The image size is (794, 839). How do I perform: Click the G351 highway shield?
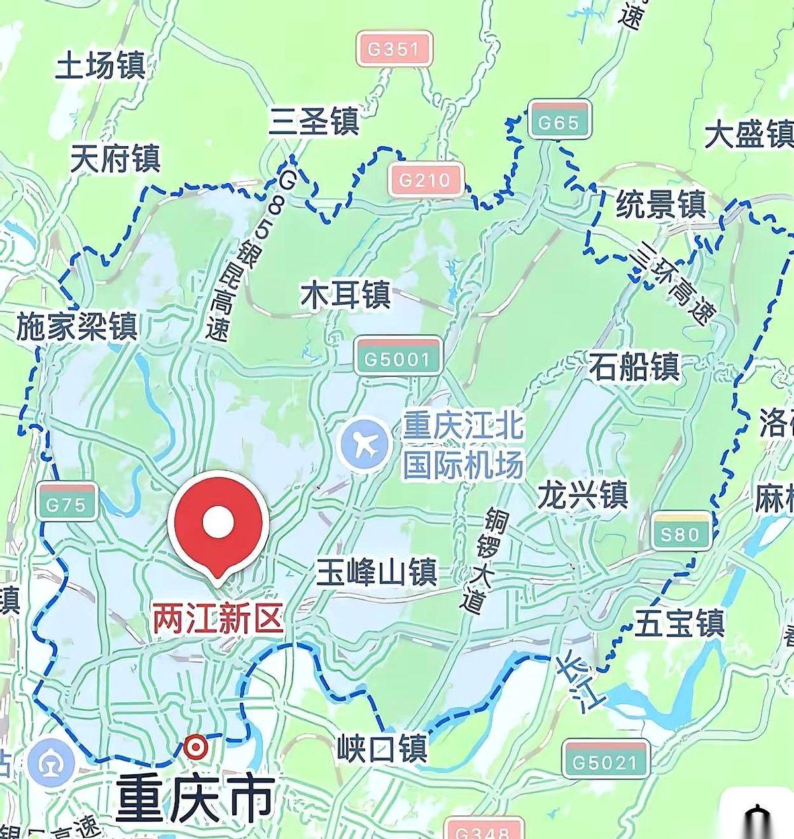pos(394,48)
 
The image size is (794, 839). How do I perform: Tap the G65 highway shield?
pos(559,121)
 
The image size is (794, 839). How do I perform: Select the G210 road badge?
pos(426,179)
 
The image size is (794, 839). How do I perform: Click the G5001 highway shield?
pos(398,358)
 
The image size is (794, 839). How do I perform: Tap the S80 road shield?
pos(680,532)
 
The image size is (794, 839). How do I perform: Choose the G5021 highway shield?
pos(605,762)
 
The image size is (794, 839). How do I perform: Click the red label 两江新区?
pos(218,619)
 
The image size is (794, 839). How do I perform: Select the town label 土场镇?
pos(100,65)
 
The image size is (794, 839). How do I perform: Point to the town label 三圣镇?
pos(314,121)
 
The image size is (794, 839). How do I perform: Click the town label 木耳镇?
pos(345,295)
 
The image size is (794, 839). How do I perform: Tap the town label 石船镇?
pos(635,366)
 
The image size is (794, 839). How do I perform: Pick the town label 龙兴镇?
pos(582,495)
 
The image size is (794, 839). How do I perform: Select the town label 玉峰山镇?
pos(376,572)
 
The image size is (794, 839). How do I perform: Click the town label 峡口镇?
pos(381,748)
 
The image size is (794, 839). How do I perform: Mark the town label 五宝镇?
pos(680,623)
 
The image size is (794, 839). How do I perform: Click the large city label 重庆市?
pos(195,798)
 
